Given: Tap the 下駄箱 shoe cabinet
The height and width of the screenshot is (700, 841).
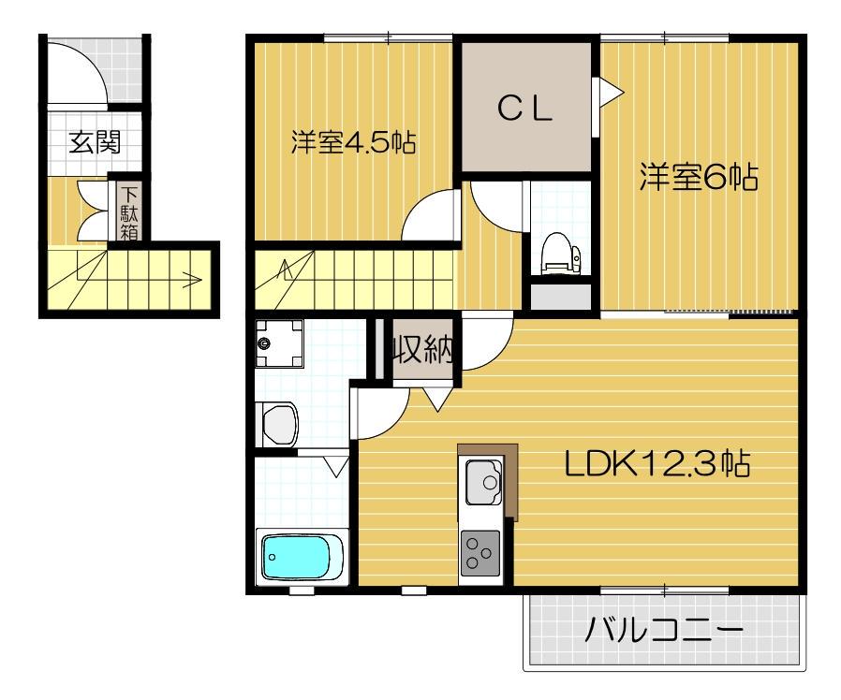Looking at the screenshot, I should coord(128,211).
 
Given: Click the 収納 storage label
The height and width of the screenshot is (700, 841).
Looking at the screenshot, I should coord(423,350).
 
